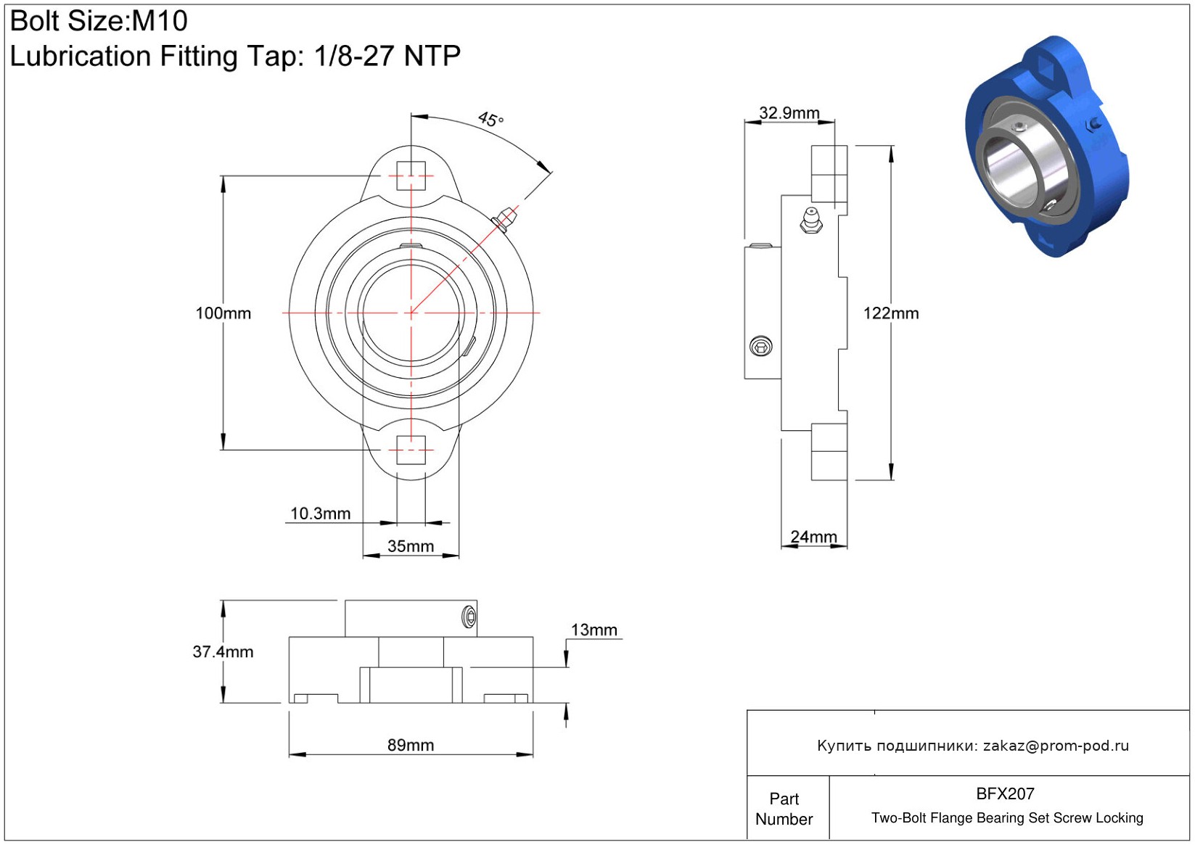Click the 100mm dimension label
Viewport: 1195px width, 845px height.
(223, 313)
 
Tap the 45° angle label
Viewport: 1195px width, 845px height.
(490, 119)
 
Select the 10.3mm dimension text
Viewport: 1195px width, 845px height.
(320, 514)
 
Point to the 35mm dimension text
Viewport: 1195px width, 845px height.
(410, 546)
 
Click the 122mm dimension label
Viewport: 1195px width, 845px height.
(891, 313)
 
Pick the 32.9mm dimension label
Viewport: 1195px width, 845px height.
(789, 113)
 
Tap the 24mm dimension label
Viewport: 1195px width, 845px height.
(813, 537)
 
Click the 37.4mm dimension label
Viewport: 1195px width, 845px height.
(223, 651)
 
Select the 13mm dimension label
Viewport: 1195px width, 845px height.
(594, 630)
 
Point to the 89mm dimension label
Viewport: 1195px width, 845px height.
(410, 745)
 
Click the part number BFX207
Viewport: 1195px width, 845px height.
(1005, 794)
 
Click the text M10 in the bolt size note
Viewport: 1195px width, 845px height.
(160, 21)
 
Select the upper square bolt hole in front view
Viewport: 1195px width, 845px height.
(411, 176)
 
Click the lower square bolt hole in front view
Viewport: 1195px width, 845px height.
(411, 450)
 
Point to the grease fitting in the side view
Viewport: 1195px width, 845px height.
(811, 220)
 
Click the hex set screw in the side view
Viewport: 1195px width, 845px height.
(760, 346)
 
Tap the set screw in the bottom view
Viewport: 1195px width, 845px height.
(469, 617)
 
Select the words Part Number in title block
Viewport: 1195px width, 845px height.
(784, 809)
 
